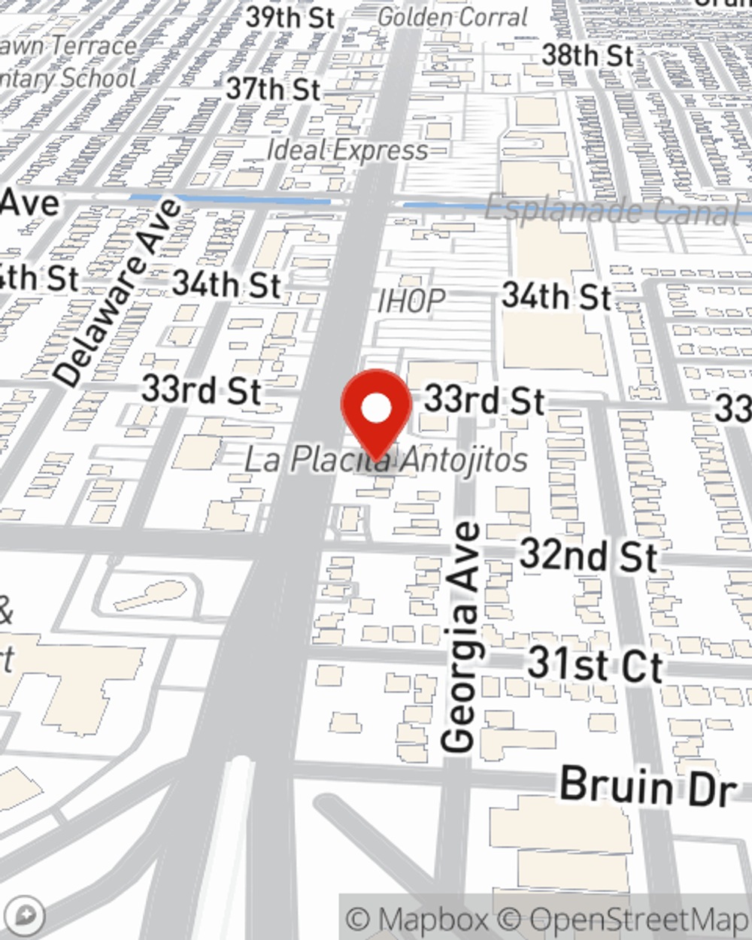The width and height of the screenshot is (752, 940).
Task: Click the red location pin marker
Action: tap(376, 410)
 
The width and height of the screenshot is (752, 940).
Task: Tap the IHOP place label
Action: tap(411, 301)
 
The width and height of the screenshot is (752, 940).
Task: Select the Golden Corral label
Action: tap(453, 17)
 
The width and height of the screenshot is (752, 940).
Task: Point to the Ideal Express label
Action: tap(347, 150)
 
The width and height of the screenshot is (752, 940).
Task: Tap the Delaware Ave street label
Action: tap(119, 293)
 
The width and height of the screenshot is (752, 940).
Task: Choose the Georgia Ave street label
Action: tap(460, 637)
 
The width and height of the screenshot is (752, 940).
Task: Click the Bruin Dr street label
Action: tap(647, 787)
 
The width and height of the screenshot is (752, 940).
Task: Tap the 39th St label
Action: tap(290, 17)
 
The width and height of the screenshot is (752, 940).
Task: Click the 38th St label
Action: tap(588, 55)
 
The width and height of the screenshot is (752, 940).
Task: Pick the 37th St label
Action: tap(274, 89)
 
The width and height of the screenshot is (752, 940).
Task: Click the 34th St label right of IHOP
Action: tap(556, 296)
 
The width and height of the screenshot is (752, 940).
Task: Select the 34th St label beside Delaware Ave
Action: tap(226, 284)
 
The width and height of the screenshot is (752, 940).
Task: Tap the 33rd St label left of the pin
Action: tap(202, 390)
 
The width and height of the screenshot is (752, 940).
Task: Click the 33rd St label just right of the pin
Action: tap(484, 400)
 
